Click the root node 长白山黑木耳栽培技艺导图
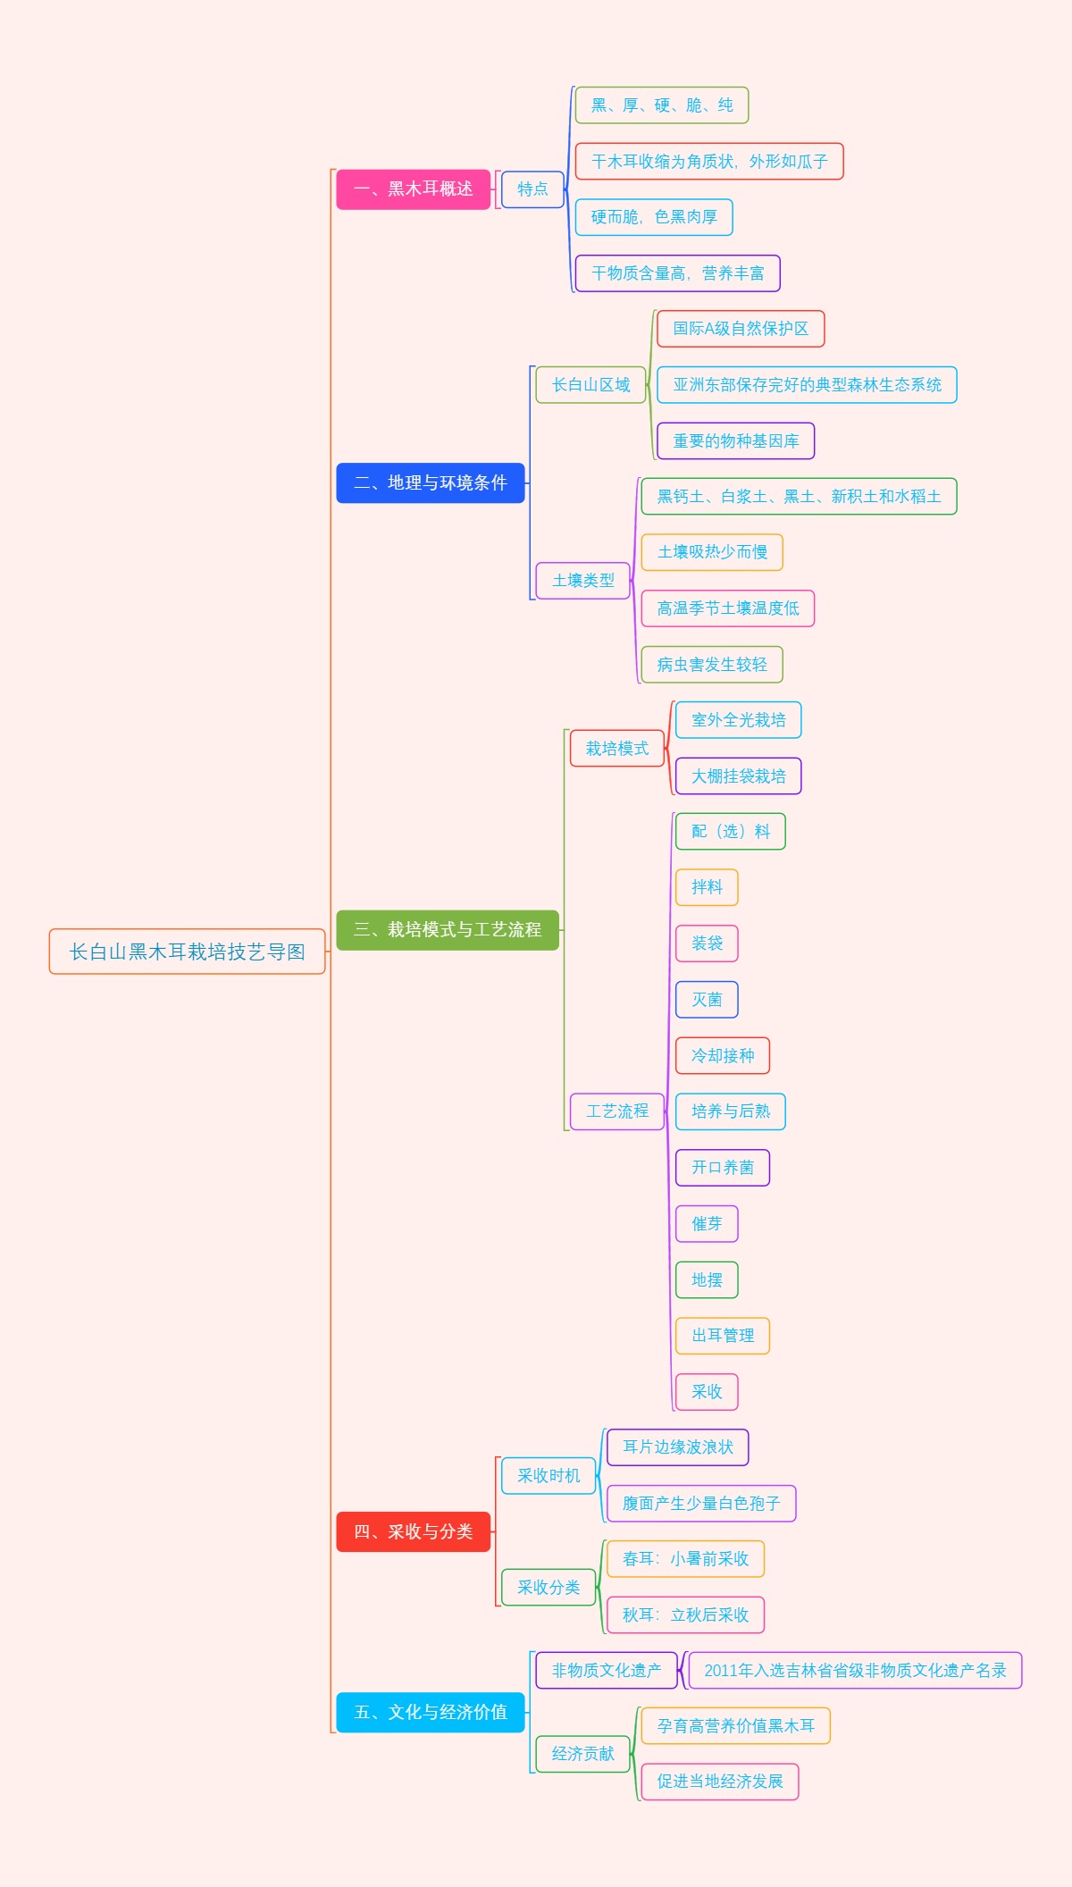187,952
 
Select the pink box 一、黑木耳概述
413,189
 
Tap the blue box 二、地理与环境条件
430,482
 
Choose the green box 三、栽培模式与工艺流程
447,929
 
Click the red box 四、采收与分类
413,1531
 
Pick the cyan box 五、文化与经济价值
430,1712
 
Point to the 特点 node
532,189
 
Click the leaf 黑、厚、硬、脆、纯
661,105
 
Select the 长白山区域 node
590,385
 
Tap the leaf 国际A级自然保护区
740,329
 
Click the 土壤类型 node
582,581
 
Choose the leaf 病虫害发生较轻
711,665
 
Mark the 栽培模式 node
616,749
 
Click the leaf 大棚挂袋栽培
738,776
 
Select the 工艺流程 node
616,1111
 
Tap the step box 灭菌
707,1000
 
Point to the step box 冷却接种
722,1056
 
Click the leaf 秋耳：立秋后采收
685,1614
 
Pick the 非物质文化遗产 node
606,1671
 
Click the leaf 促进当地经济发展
719,1782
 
